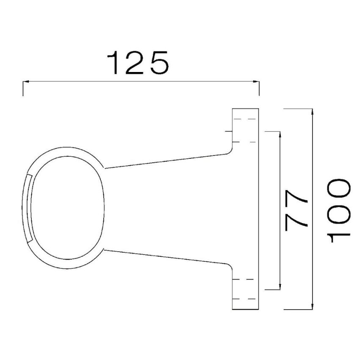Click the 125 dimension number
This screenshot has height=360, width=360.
tap(138, 63)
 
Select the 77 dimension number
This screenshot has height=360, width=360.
tap(296, 210)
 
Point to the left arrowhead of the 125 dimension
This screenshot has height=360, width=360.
tap(26, 81)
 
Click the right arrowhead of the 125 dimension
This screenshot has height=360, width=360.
tap(256, 81)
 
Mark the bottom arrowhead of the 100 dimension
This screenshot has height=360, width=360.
tap(312, 306)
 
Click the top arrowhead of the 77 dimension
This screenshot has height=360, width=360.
tap(280, 135)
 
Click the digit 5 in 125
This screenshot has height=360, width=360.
tap(160, 63)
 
